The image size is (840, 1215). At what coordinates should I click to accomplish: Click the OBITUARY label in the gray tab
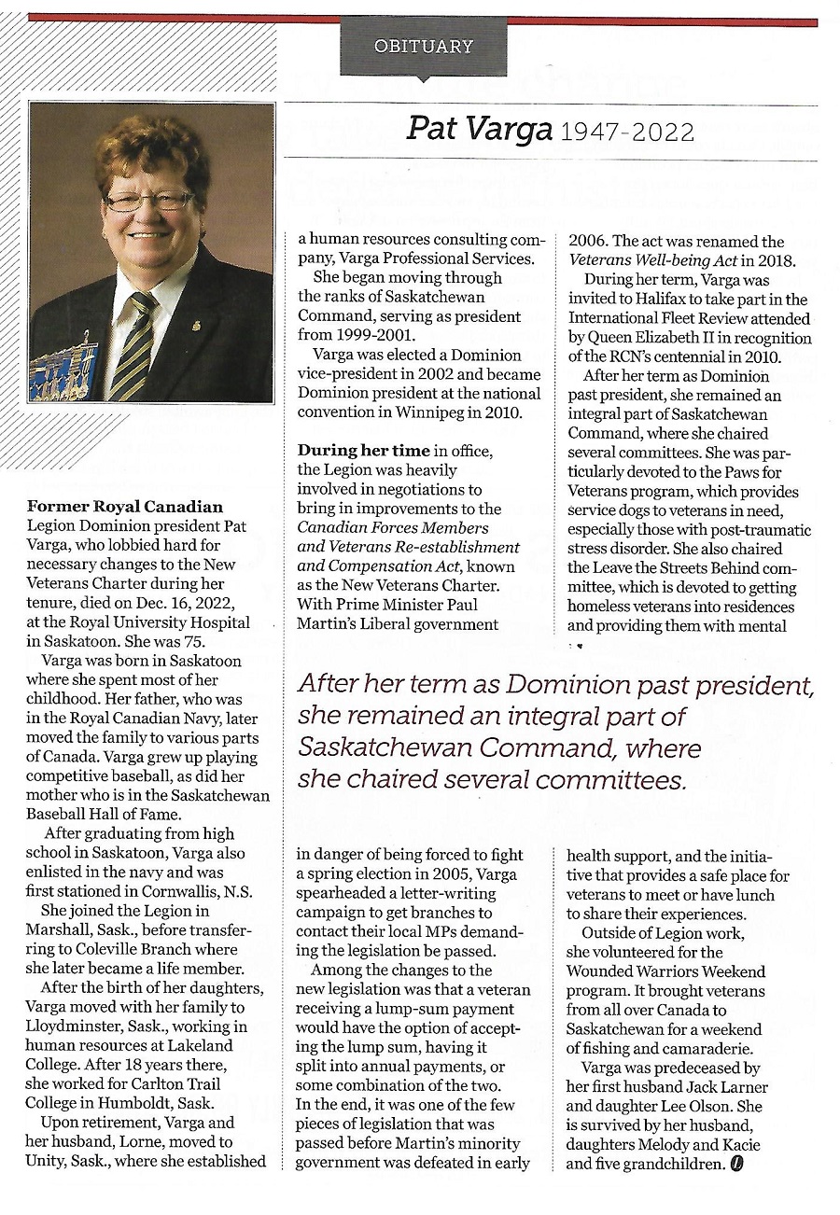(423, 46)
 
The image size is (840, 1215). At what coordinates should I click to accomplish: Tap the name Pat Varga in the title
(479, 129)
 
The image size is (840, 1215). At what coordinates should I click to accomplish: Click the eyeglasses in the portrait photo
(148, 201)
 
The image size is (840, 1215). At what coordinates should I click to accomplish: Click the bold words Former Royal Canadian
(125, 507)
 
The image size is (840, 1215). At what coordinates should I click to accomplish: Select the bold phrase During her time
(363, 451)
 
